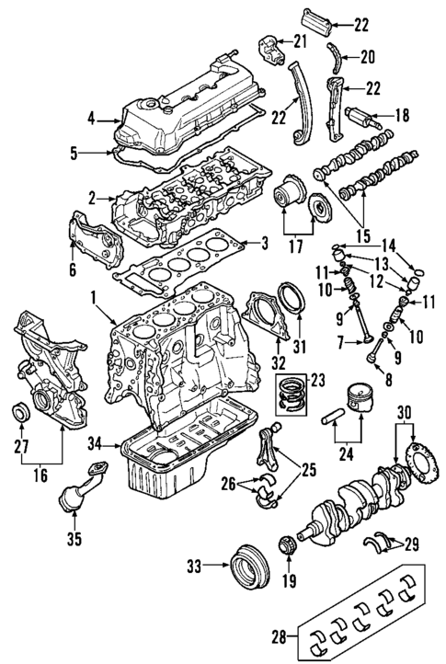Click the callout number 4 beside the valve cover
[91, 117]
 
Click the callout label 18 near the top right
[402, 116]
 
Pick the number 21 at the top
[299, 40]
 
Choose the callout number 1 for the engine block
[93, 298]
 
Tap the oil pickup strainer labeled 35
[70, 498]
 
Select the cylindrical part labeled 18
[360, 118]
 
